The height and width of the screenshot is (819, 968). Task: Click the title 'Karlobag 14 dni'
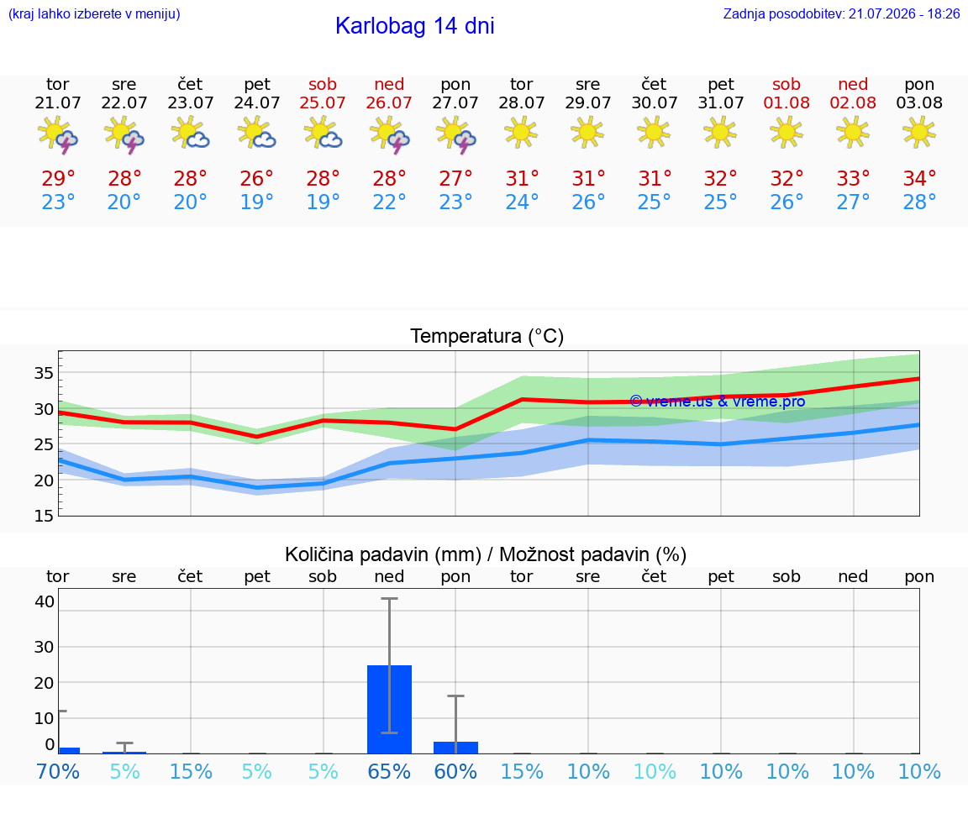[x=415, y=26]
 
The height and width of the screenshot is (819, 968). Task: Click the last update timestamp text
[x=841, y=13]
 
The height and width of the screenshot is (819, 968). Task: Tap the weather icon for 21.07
[x=57, y=134]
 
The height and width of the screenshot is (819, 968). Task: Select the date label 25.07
[x=323, y=102]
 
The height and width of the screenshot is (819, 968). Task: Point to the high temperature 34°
[x=919, y=178]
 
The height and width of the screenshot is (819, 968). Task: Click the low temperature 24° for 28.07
[x=522, y=202]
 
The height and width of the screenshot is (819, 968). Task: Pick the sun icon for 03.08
[x=919, y=133]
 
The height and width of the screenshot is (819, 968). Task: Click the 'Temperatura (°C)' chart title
[x=487, y=336]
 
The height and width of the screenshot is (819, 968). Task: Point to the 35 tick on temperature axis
[x=44, y=373]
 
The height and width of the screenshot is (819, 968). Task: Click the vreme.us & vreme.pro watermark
[x=718, y=402]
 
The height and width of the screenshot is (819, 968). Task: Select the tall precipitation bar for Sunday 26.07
[x=390, y=709]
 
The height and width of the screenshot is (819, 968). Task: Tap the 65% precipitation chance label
[x=389, y=771]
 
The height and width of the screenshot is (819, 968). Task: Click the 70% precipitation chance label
[x=58, y=771]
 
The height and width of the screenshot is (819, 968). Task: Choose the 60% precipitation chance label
[x=455, y=771]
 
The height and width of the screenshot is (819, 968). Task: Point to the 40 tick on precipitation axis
[x=45, y=601]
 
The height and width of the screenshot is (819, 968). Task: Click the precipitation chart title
[x=486, y=554]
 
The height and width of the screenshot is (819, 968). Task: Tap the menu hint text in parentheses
[x=94, y=13]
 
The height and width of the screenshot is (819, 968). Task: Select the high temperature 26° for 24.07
[x=256, y=178]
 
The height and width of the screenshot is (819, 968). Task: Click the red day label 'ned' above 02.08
[x=853, y=84]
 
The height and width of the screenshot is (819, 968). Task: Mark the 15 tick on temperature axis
[x=44, y=516]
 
